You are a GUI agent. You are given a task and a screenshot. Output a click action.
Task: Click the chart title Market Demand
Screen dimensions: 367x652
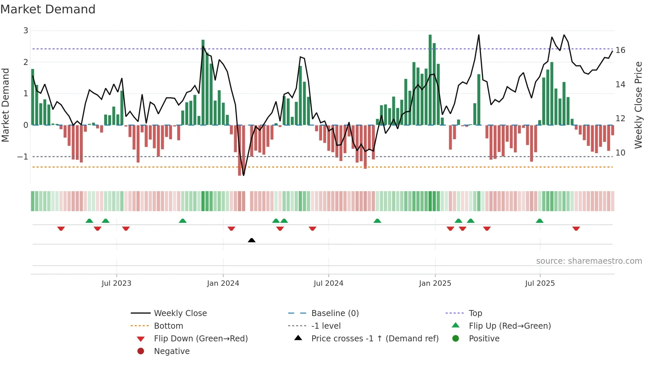48,9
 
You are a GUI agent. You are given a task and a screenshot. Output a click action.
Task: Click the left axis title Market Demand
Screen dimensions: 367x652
6,105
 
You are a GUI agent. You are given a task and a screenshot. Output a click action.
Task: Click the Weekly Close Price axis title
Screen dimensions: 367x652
638,105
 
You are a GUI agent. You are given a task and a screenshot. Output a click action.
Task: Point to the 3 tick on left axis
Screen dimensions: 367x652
26,31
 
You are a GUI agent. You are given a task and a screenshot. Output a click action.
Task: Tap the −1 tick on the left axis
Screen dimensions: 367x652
23,157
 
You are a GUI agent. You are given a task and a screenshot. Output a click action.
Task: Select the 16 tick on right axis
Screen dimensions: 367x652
620,50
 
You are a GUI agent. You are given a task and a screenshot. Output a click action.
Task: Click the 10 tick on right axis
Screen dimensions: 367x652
620,153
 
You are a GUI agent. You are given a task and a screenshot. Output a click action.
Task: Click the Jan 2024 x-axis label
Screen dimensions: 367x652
223,283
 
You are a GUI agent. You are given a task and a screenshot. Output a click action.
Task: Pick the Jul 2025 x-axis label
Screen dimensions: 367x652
540,283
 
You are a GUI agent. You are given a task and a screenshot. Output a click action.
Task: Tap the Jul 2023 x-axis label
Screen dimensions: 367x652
116,283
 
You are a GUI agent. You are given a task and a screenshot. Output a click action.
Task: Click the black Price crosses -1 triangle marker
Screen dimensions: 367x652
252,240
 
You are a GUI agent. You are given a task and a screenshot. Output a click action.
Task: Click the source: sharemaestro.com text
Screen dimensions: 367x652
589,261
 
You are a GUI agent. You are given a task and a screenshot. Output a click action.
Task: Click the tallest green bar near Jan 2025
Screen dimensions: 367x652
430,80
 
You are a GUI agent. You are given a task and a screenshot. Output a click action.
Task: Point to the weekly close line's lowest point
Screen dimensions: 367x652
244,175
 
